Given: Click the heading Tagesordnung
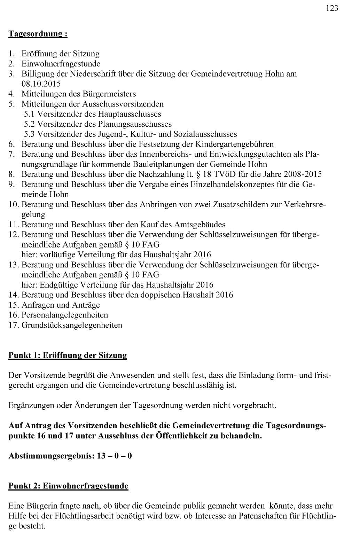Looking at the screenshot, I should coord(38,34).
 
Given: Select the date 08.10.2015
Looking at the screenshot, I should coord(41,84).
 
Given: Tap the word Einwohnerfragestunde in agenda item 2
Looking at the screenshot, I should coord(61,64).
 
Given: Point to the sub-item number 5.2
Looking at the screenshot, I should coord(30,124).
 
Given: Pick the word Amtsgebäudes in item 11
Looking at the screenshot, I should coord(200,225).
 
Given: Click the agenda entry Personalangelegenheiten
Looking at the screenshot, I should coord(65,315).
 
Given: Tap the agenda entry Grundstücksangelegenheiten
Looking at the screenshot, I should coord(72,325).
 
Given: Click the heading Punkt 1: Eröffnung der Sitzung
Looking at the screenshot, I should coord(68,355).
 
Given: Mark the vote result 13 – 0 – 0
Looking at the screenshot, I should coord(115,456).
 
